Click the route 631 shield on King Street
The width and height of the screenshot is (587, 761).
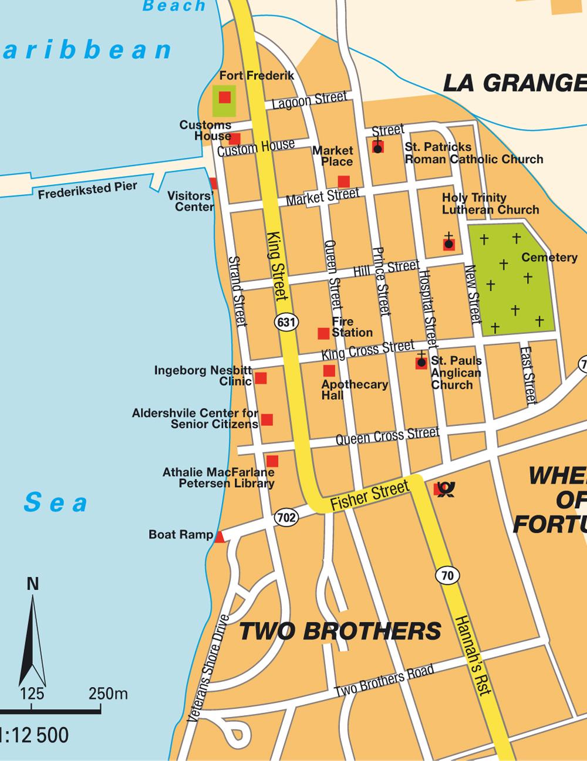(x=286, y=322)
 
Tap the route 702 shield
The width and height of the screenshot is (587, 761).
(x=286, y=518)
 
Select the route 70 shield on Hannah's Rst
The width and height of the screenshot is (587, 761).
(x=447, y=576)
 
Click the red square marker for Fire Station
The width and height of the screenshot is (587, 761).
(x=323, y=333)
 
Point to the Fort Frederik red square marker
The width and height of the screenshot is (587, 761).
(x=224, y=97)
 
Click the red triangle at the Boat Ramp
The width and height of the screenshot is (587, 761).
(x=219, y=537)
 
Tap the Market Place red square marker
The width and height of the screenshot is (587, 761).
(x=344, y=181)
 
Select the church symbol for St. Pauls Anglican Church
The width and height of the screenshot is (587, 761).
(x=421, y=363)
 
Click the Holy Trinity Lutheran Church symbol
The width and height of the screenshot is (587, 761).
(x=449, y=243)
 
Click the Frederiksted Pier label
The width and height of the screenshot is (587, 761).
(x=87, y=190)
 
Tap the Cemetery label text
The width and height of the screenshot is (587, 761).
(x=549, y=257)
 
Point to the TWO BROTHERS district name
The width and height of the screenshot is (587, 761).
(x=340, y=631)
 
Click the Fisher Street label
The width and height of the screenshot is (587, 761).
(x=369, y=495)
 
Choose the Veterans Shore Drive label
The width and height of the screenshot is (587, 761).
(x=208, y=668)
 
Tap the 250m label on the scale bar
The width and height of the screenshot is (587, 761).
(x=108, y=694)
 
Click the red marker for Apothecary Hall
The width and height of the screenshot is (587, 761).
(x=329, y=371)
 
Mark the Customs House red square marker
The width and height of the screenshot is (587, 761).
(x=234, y=138)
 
